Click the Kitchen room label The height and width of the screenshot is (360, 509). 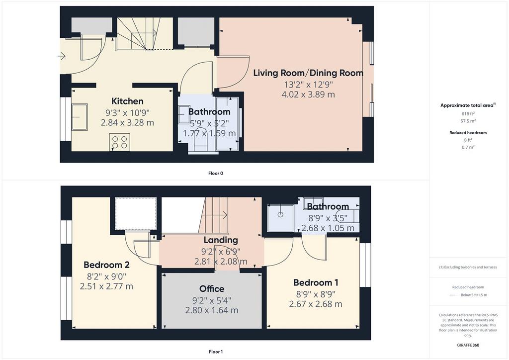point(128,101)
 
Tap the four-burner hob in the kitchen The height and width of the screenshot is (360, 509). point(120,142)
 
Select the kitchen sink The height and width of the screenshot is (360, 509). point(80,117)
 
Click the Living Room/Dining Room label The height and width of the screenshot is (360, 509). point(308,73)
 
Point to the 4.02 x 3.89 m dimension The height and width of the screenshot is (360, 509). point(308,94)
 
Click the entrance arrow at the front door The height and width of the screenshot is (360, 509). point(62,57)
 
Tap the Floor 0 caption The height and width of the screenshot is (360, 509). point(216,174)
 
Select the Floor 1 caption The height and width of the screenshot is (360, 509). point(216,352)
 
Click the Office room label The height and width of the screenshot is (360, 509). point(212,288)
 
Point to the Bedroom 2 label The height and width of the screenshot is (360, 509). point(106,265)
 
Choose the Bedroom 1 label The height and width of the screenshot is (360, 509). point(316,282)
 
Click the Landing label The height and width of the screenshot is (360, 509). point(221,240)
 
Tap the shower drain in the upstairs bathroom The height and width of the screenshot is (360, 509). point(280,215)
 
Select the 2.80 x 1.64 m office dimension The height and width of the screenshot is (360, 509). point(212,310)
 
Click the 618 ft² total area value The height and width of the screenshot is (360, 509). point(468,113)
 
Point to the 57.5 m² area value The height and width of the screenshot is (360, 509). point(468,121)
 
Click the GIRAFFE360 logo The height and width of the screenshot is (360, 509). point(468,345)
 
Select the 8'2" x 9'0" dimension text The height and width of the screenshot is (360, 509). point(106,276)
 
